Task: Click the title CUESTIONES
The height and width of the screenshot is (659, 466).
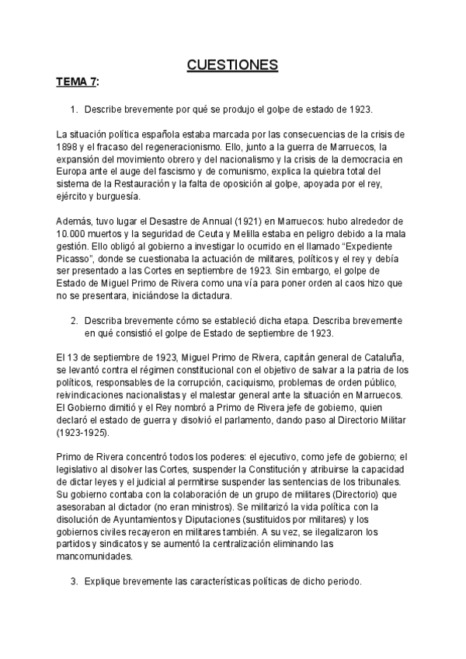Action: (x=232, y=65)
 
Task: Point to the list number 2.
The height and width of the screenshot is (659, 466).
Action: (x=74, y=320)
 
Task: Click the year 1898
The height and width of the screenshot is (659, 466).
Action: (x=69, y=146)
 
